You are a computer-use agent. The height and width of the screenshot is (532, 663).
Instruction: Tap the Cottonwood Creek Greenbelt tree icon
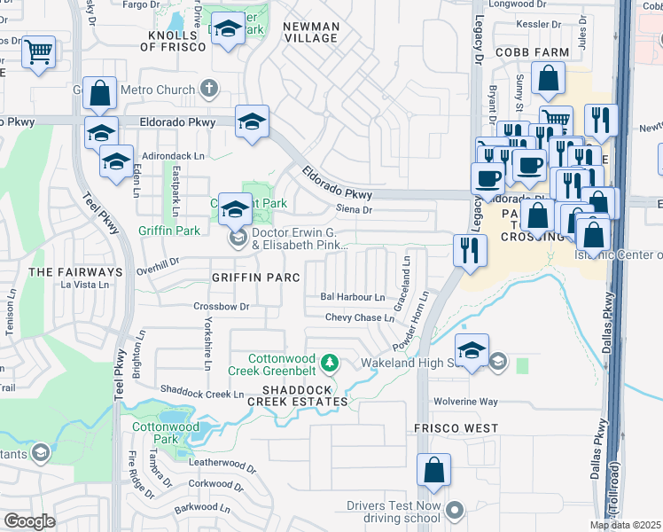[x=330, y=362]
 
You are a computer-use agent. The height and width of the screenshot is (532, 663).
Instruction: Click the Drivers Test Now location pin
[x=456, y=510]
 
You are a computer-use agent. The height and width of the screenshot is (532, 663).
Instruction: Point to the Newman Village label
[x=310, y=32]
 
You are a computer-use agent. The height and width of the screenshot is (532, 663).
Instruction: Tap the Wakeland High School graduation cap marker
[x=472, y=351]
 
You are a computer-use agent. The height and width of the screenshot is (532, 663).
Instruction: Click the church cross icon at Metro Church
[x=208, y=89]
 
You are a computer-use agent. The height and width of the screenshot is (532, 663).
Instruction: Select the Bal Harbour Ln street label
[x=353, y=297]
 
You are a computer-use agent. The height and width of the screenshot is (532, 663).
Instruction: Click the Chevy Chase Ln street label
[x=360, y=317]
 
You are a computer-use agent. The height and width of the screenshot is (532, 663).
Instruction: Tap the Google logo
[x=29, y=521]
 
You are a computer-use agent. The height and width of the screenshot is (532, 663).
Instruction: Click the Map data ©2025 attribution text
[x=626, y=525]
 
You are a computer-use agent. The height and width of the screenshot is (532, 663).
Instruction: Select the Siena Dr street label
[x=354, y=210]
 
